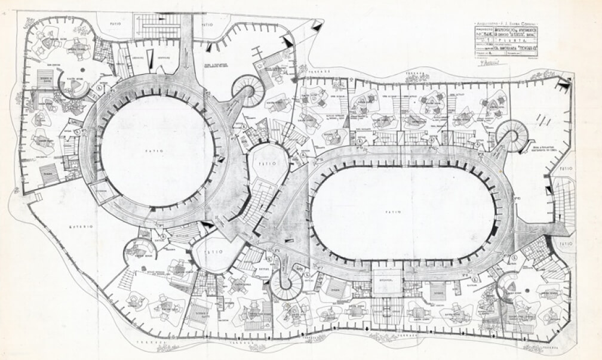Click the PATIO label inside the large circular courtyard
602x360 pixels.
(157, 152)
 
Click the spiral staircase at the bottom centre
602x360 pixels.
(285, 284)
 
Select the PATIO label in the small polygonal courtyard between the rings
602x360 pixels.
(264, 162)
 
